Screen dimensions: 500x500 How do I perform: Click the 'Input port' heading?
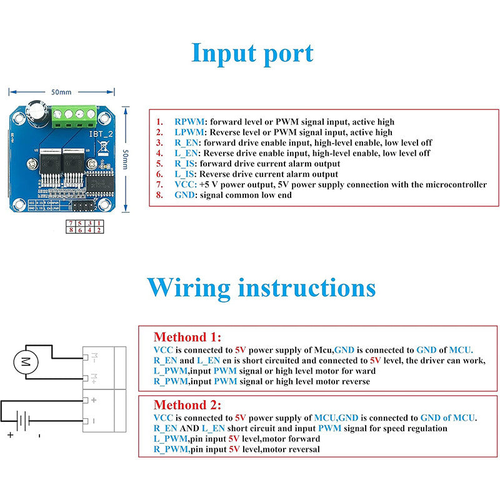252,54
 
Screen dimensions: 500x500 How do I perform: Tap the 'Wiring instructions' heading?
261,288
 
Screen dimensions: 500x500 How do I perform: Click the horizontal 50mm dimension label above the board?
61,92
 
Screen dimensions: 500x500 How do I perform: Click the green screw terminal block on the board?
73,114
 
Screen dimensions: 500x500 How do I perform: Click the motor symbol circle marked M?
26,361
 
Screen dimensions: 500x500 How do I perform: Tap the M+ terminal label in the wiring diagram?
94,377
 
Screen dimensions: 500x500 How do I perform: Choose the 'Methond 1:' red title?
187,336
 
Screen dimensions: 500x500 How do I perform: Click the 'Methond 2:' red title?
187,404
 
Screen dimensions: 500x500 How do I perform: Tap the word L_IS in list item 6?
185,174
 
